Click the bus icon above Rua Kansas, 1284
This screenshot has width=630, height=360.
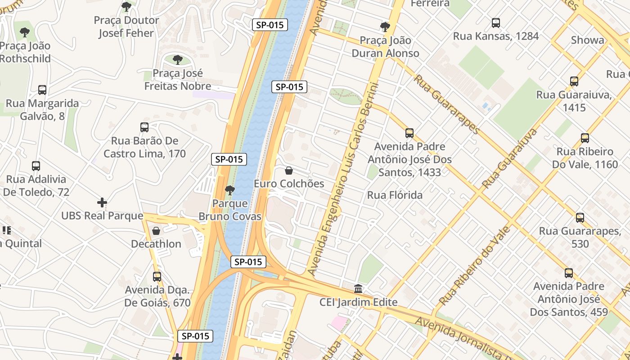coord(495,23)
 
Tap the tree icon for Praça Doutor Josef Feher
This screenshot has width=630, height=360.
coord(126,7)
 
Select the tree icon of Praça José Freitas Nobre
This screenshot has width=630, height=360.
coord(178,59)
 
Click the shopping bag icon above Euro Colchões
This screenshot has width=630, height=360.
coord(289,171)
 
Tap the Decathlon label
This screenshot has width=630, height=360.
coord(156,244)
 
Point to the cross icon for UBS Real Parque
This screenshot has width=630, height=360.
coord(102,202)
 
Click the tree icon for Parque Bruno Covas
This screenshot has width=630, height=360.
coord(230,190)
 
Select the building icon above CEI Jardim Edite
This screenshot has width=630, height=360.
coord(358,288)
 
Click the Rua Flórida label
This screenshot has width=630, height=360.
coord(395,195)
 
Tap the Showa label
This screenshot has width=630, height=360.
coord(587,40)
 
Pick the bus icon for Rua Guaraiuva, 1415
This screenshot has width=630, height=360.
coord(574,81)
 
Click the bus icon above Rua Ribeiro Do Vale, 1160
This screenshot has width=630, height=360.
coord(585,138)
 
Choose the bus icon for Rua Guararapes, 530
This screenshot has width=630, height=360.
coord(580,218)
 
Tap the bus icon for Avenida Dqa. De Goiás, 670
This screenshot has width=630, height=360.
coord(157,276)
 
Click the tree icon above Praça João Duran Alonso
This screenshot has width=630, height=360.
coord(385,27)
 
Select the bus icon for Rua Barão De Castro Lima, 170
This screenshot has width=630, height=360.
coord(144,127)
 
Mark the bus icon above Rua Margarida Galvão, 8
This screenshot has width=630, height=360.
coord(42,90)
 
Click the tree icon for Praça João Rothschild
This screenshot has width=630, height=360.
coord(25,32)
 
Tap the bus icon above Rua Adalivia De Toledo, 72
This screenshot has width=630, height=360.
coord(36,166)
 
